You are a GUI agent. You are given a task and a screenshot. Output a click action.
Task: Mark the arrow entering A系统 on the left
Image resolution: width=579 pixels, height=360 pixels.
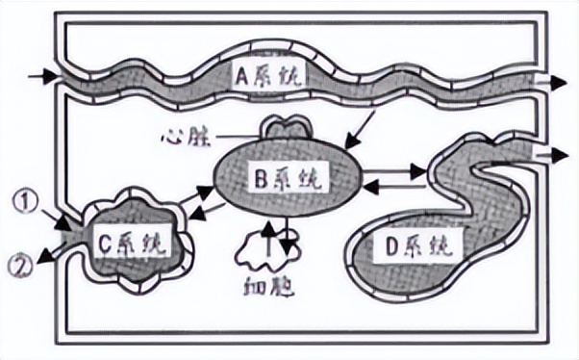point(42,76)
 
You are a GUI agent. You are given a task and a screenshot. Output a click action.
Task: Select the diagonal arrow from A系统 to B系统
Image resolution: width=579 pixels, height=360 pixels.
point(362,124)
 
